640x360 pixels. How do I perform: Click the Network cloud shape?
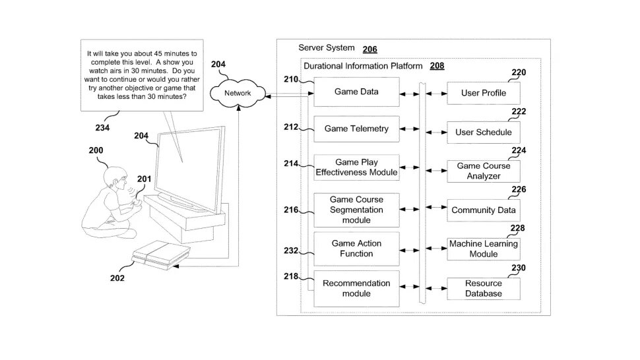(238, 94)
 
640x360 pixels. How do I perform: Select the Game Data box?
(356, 92)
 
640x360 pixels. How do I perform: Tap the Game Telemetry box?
(356, 129)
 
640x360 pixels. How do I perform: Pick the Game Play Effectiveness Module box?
(356, 167)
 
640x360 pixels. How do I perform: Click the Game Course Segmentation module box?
(356, 209)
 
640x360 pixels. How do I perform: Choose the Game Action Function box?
(356, 249)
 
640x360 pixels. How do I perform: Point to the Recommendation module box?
(356, 288)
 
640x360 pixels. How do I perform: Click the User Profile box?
(484, 93)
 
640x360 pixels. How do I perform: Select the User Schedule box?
(484, 132)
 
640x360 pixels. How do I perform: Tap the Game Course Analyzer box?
(484, 171)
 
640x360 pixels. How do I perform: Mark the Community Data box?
(484, 210)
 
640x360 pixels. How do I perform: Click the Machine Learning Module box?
(484, 249)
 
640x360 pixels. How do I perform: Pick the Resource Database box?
(484, 289)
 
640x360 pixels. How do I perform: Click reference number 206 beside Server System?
(370, 49)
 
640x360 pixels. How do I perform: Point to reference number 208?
(437, 66)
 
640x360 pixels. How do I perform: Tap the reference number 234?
(102, 128)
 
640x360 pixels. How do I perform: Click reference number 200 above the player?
(96, 150)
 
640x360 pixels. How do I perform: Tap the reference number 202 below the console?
(117, 278)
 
